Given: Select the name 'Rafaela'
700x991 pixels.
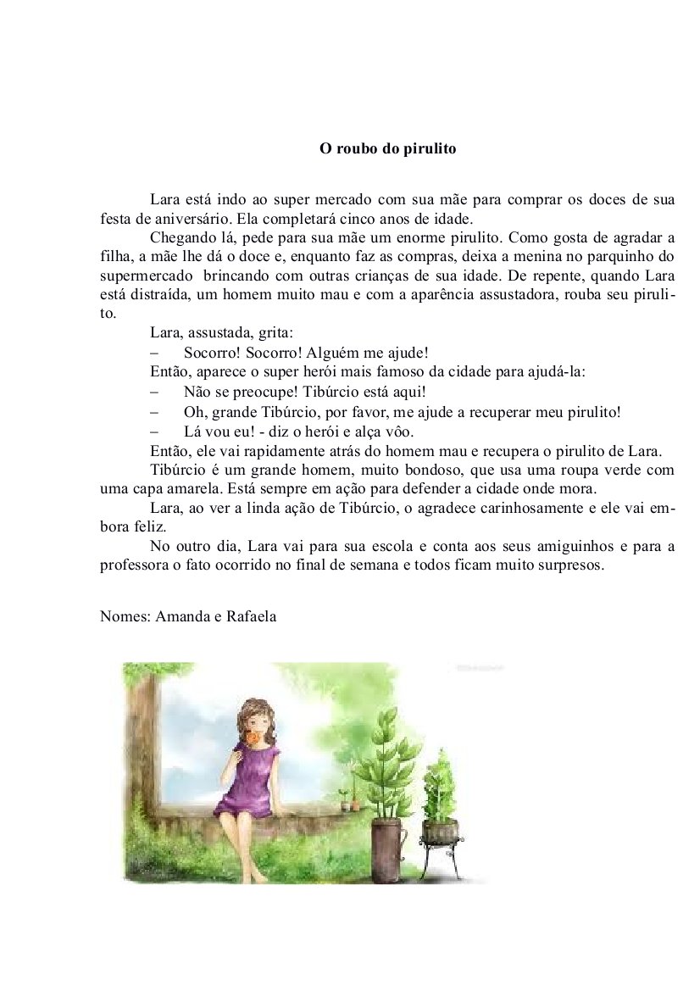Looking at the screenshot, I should [251, 616].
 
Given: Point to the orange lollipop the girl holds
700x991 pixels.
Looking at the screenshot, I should [253, 740].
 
